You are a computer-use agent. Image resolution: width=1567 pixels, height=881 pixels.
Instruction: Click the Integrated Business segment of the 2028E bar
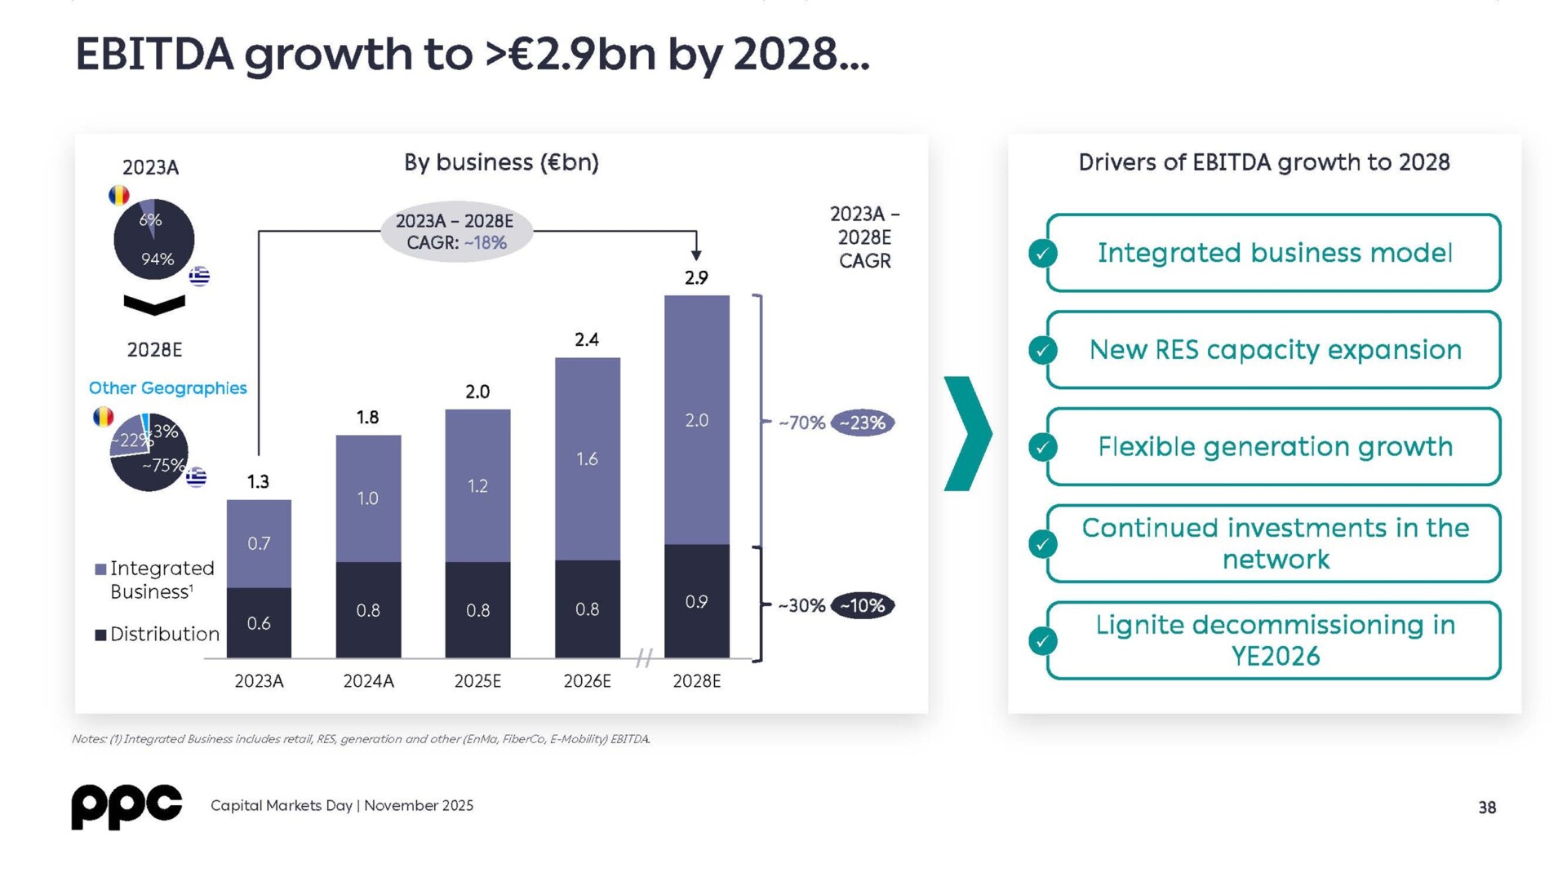point(696,420)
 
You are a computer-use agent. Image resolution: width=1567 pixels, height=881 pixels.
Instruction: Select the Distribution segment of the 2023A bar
point(259,622)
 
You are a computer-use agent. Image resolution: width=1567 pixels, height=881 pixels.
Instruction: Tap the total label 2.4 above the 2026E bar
point(587,339)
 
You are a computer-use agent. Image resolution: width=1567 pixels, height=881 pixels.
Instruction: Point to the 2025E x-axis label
point(477,681)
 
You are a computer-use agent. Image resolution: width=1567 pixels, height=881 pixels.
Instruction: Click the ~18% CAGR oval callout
point(456,232)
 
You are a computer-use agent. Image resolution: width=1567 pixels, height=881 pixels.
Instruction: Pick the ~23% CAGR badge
point(863,423)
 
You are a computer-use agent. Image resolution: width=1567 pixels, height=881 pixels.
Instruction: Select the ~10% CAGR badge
point(863,605)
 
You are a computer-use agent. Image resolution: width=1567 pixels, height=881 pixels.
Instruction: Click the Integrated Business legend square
point(100,569)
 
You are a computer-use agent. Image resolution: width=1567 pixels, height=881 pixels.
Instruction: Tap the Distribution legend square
point(100,635)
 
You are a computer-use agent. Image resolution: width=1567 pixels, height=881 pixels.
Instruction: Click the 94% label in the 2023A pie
point(158,259)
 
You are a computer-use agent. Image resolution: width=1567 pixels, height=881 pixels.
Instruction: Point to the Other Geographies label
point(167,388)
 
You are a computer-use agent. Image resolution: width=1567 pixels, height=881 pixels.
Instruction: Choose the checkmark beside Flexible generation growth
point(1042,447)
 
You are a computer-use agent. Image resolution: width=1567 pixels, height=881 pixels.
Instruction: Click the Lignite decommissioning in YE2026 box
point(1274,640)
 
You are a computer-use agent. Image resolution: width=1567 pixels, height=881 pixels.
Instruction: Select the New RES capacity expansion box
point(1274,350)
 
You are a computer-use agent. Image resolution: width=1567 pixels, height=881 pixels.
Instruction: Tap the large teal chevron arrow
point(969,433)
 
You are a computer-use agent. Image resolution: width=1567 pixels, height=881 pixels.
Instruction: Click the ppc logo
point(127,806)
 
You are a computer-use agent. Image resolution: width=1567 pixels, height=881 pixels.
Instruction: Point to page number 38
point(1487,808)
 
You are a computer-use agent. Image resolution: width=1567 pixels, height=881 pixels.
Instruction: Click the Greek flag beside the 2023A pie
point(199,277)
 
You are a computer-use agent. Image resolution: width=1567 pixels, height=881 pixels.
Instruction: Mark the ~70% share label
point(801,423)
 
